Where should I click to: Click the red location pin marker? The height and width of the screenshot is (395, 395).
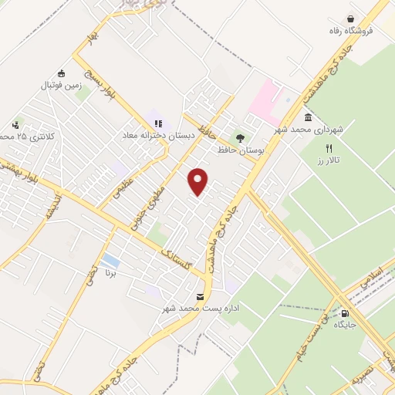(199, 181)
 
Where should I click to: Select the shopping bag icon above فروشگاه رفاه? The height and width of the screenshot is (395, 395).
(351, 19)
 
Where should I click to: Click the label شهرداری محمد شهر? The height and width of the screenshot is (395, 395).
(316, 130)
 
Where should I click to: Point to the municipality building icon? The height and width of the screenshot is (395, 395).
(309, 117)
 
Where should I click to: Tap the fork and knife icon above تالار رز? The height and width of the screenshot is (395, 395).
(329, 147)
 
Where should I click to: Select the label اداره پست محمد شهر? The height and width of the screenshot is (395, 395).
(174, 309)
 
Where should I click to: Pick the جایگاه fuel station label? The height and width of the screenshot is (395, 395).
(345, 326)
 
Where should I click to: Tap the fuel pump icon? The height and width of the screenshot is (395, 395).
(345, 313)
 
